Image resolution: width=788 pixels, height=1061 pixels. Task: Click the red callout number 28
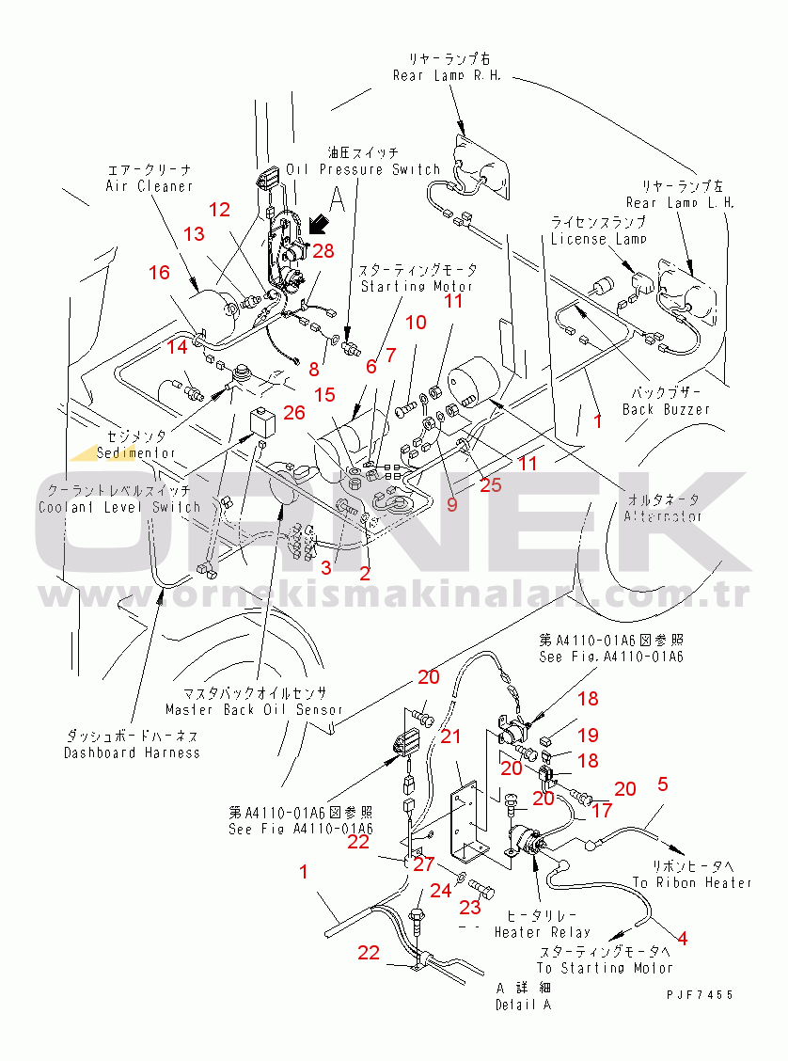(x=323, y=250)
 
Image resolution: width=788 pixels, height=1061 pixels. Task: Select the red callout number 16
(x=159, y=273)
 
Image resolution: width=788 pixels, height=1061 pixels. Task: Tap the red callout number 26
(x=294, y=412)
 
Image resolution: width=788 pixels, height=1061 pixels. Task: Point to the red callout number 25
(x=491, y=485)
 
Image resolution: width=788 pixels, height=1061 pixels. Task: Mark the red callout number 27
(x=423, y=863)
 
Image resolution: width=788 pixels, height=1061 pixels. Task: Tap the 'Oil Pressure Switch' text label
(x=363, y=169)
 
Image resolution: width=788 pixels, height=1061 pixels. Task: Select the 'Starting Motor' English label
(x=417, y=286)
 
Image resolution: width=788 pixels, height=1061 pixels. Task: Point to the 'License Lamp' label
(x=598, y=239)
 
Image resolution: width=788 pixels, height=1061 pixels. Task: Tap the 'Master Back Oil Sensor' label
(x=253, y=710)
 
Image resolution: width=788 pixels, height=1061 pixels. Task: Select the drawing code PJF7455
(x=699, y=994)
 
